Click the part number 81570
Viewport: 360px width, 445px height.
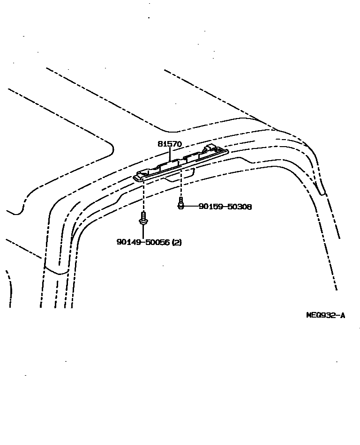(x=169, y=144)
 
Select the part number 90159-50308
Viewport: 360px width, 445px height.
(x=225, y=206)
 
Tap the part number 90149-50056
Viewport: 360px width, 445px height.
(x=143, y=242)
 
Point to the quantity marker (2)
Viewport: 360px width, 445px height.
(x=177, y=242)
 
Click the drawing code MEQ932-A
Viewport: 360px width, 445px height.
(x=325, y=315)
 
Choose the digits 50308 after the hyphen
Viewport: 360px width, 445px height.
(x=239, y=206)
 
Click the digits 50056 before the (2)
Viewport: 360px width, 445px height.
(x=158, y=242)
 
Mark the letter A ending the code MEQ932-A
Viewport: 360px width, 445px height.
(x=343, y=315)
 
